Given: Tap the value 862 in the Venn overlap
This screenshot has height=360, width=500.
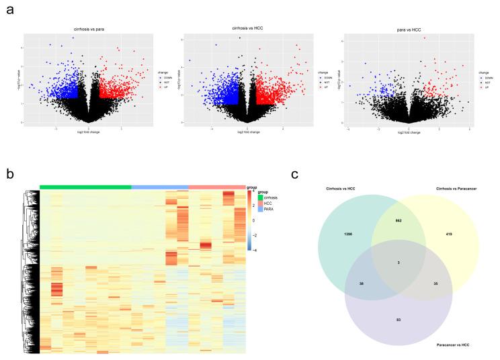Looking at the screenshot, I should click(399, 220).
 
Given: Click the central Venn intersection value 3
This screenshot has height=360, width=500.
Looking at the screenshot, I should click(399, 261).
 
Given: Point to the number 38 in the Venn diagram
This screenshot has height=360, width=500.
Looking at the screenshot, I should click(362, 284).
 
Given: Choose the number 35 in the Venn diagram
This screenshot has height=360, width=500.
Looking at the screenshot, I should click(435, 284).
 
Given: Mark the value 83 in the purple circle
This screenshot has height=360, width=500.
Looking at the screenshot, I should click(399, 318).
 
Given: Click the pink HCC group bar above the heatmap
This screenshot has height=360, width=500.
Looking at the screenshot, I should click(217, 187).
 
